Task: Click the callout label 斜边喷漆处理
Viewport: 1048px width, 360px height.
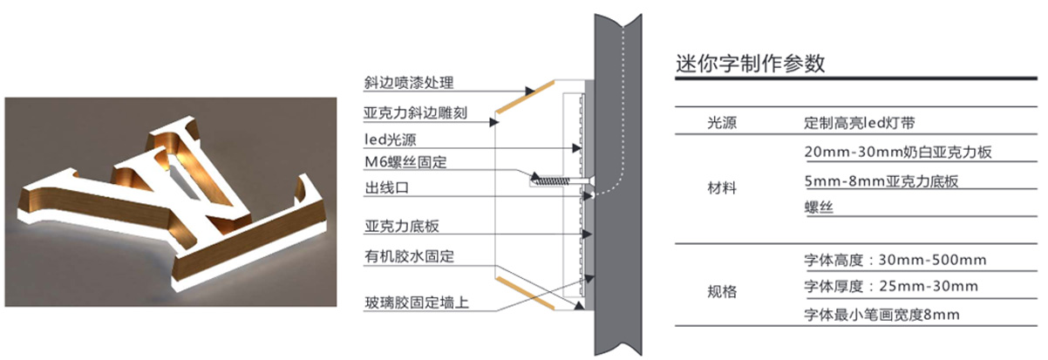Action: [x=409, y=84]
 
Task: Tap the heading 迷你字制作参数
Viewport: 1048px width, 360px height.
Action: [x=751, y=64]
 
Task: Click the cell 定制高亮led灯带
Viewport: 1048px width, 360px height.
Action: [x=858, y=124]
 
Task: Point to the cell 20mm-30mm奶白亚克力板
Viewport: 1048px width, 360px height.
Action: [x=898, y=152]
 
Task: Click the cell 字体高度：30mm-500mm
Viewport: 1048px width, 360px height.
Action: [x=895, y=260]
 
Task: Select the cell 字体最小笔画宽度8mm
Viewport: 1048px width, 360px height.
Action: [x=890, y=312]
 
